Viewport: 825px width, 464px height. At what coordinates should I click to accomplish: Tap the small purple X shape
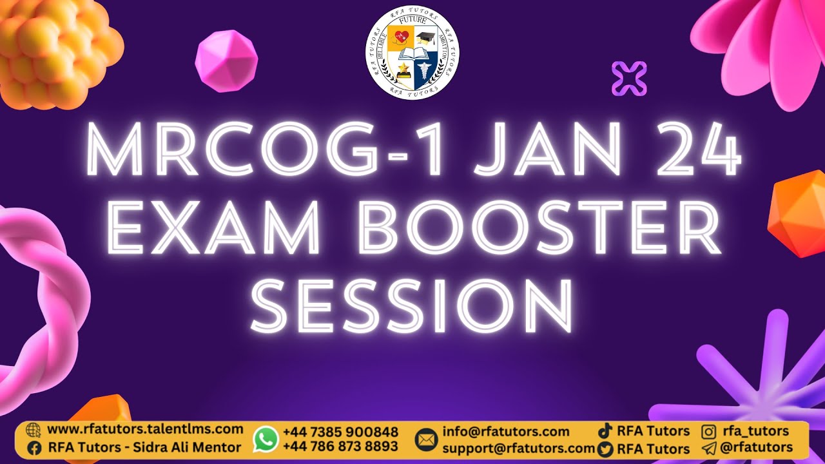629,79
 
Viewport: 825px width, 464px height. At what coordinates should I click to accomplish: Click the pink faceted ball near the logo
226,61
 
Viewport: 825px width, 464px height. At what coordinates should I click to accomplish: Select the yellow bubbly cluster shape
55,52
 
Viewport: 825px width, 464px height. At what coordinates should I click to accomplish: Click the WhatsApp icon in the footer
266,439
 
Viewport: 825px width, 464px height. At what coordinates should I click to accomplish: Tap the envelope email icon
425,440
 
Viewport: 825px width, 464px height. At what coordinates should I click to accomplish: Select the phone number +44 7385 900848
340,432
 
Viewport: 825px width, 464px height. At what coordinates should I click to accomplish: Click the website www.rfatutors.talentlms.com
145,429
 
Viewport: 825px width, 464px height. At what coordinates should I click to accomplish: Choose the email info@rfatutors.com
506,431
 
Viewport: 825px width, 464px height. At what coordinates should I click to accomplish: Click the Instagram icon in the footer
709,431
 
